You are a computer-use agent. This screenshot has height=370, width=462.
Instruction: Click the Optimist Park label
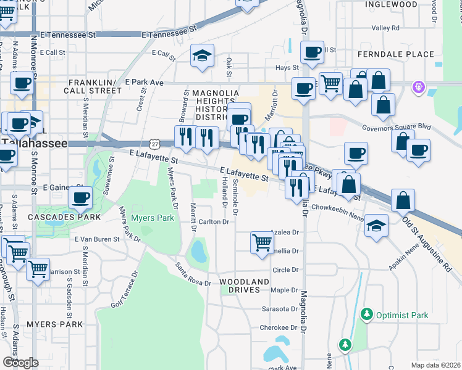tap(402, 315)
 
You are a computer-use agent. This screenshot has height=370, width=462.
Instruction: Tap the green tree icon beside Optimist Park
tap(367, 315)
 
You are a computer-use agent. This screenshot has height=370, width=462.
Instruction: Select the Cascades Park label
tap(60, 218)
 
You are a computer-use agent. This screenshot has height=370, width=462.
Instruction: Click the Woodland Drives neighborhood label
tap(245, 286)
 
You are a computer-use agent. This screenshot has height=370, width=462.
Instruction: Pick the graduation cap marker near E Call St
tap(202, 56)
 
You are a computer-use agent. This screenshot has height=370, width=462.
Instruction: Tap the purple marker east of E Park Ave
tap(419, 88)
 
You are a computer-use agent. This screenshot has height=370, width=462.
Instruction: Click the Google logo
tap(20, 363)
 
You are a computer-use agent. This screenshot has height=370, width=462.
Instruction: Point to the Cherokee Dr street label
tap(274, 327)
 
